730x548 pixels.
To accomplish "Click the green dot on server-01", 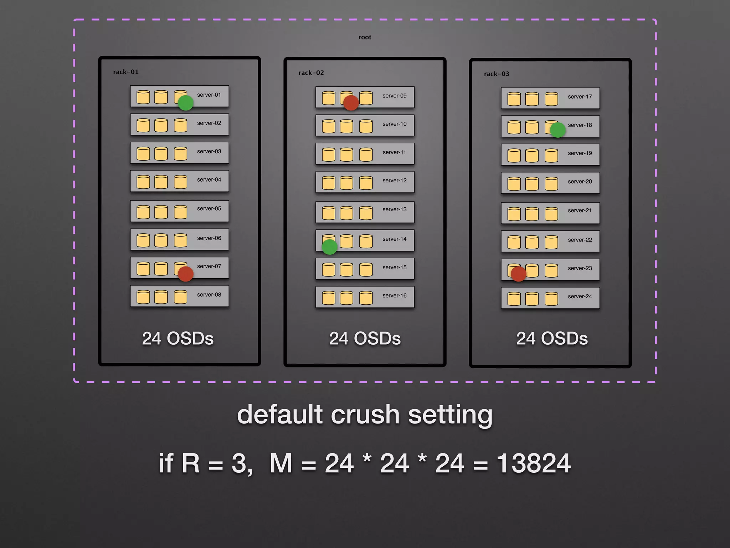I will pos(185,103).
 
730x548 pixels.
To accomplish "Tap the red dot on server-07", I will pos(185,274).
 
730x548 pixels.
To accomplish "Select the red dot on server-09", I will pos(351,103).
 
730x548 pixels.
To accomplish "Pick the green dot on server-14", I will pos(329,247).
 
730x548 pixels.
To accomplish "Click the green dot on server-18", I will pos(557,130).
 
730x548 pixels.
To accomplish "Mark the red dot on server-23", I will pos(518,274).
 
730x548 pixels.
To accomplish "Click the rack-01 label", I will pos(126,72).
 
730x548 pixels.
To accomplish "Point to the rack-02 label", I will pos(311,73).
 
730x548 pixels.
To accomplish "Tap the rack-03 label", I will pos(497,74).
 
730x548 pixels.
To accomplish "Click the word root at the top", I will pos(365,37).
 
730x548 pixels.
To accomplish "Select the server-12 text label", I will pos(394,181).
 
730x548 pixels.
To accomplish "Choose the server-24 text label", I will pos(580,296).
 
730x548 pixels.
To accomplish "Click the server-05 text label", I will pos(209,208).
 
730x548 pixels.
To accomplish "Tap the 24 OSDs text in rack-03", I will pos(552,339).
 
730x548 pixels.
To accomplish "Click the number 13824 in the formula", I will pos(534,463).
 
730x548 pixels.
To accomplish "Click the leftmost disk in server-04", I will pos(143,182).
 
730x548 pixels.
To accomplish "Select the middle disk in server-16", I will pos(346,298).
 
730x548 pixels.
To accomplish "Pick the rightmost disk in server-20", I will pos(551,184).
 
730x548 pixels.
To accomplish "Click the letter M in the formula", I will pos(281,463).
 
